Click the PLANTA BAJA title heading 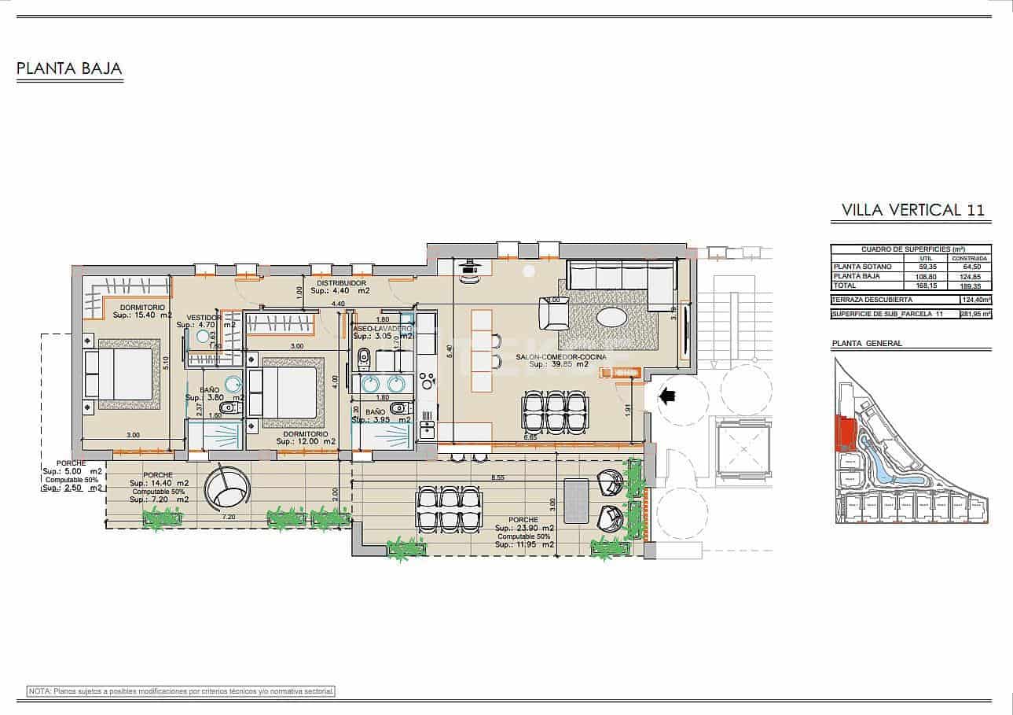(69, 68)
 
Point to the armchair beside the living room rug (554, 315)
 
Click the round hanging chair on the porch (226, 489)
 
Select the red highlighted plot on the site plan (845, 433)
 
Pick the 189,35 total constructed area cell (971, 286)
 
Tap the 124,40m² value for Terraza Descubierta (974, 300)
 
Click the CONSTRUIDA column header (971, 258)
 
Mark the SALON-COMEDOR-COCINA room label (561, 357)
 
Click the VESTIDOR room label (204, 317)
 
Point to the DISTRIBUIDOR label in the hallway (341, 282)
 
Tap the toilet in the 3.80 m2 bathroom (229, 408)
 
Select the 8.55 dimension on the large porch (498, 477)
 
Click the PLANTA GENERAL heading (867, 344)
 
